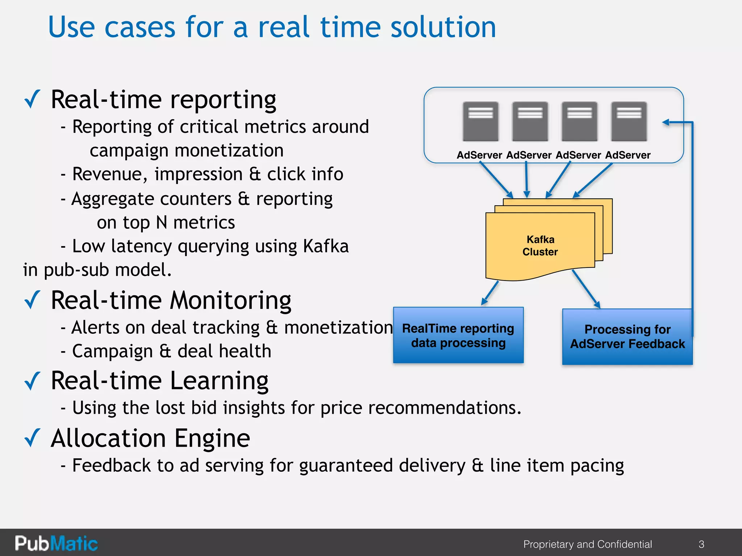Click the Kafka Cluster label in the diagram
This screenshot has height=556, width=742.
coord(540,246)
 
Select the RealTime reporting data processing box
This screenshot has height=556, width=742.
coord(458,335)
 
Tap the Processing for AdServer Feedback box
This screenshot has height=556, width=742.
coord(627,337)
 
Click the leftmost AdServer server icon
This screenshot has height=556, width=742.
coord(480,121)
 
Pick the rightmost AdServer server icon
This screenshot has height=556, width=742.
coord(629,121)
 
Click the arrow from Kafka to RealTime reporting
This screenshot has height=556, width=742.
coord(490,294)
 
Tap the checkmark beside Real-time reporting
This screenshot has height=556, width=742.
coord(32,99)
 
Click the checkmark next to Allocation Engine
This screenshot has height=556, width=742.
coord(32,438)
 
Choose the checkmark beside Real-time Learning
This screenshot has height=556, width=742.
coord(32,381)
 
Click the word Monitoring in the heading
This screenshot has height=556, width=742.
coord(230,300)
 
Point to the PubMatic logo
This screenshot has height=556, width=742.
coord(56,543)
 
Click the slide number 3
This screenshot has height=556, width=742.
coord(701,544)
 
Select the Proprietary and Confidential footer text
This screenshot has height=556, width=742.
coord(587,544)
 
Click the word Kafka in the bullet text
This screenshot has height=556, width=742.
coord(326,246)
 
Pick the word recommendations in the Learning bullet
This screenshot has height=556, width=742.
coord(445,408)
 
